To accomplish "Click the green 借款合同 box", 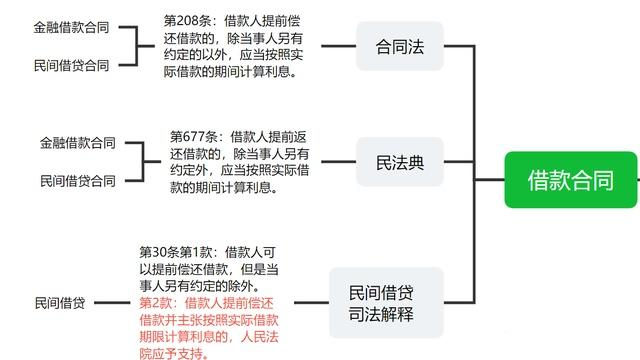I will (x=570, y=180).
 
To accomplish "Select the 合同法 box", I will (x=399, y=46).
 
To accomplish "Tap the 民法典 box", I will (x=399, y=163).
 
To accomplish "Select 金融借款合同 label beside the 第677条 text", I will (x=78, y=143).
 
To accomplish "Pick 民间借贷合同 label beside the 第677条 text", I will (x=78, y=181).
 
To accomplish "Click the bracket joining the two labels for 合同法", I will (x=146, y=46).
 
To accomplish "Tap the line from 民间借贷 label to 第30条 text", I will (x=113, y=301).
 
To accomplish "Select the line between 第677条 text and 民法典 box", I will (x=340, y=162).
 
